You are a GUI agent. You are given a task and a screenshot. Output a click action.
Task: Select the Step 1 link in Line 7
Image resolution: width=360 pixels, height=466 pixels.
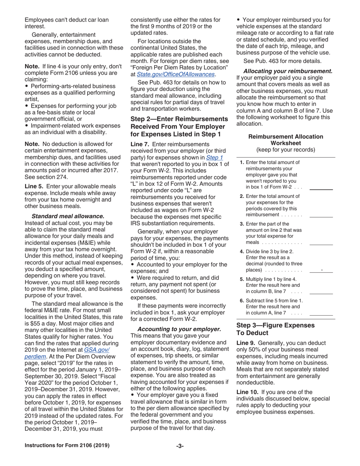click(x=214, y=157)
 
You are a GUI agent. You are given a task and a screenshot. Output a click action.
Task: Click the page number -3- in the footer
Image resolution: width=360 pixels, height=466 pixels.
click(x=180, y=446)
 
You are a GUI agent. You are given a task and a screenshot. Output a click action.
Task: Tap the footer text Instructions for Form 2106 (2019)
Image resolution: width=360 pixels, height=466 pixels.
click(x=67, y=446)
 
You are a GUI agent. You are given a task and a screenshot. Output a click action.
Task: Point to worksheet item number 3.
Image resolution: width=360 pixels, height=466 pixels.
click(x=242, y=224)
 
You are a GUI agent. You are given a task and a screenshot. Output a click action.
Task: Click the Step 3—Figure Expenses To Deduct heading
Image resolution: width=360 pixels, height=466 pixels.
click(x=275, y=329)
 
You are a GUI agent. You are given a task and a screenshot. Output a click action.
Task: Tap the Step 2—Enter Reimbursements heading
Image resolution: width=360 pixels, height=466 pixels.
click(x=179, y=126)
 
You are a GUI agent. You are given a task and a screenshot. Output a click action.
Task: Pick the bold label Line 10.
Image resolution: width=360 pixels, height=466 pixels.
click(x=247, y=392)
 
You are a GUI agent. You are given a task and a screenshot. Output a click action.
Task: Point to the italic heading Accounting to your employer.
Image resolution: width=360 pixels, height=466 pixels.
click(x=179, y=329)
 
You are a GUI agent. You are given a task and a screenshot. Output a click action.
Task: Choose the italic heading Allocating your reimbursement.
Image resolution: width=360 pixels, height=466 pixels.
click(x=288, y=71)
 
